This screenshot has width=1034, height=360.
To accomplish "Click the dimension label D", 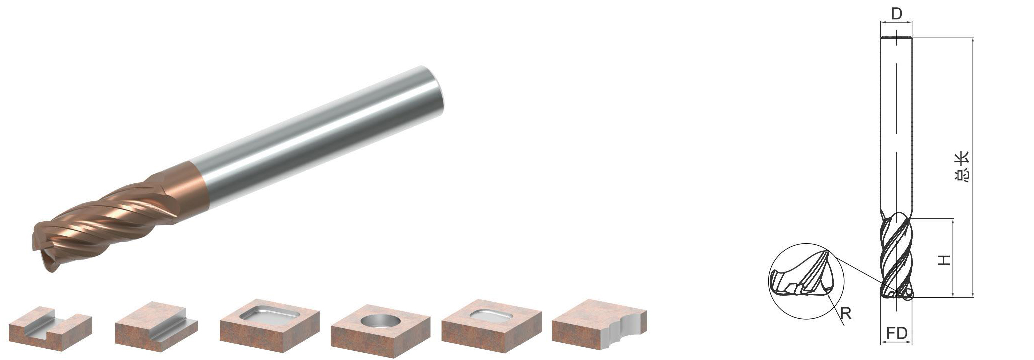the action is (x=896, y=14).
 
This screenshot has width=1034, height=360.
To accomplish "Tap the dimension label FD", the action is (x=896, y=333).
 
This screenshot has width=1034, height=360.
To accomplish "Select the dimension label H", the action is (x=944, y=260).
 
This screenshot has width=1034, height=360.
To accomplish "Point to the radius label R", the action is (x=845, y=313).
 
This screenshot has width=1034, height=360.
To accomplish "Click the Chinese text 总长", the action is (x=961, y=166).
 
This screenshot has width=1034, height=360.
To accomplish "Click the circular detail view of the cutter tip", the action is (x=806, y=281).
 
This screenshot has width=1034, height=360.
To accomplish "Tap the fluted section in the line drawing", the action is (x=896, y=257).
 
